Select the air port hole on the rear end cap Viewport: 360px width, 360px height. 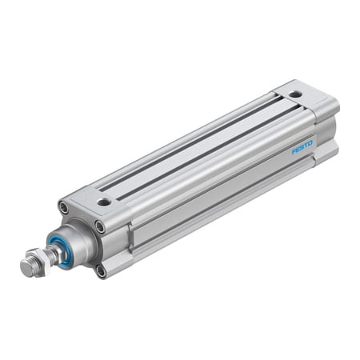coord(295,94)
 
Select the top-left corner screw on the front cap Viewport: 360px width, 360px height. coord(63,208)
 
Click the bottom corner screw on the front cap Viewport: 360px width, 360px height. coord(101,270)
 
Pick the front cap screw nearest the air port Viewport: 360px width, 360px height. coord(99,226)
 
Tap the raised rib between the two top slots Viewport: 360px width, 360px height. coord(204,144)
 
